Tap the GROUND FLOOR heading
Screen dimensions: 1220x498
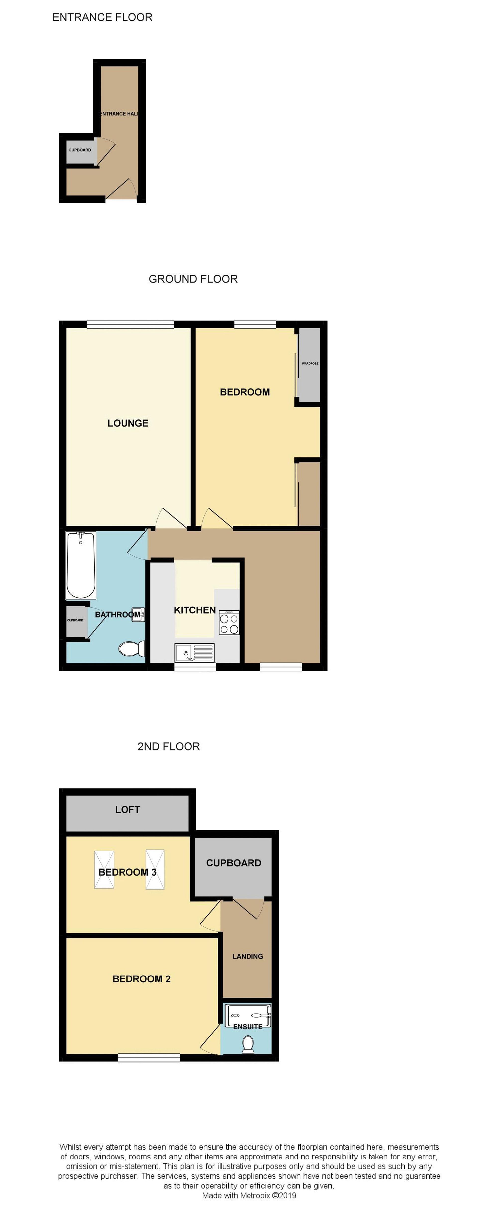click(193, 279)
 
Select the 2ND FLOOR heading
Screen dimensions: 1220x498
click(168, 746)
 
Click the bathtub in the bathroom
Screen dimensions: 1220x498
click(81, 565)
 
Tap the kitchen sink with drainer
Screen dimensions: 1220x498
click(194, 653)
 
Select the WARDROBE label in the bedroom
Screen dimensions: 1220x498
click(310, 363)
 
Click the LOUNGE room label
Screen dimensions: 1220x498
click(128, 423)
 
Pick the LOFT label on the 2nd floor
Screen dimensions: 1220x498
click(127, 809)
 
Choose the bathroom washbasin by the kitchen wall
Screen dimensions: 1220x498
click(138, 614)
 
